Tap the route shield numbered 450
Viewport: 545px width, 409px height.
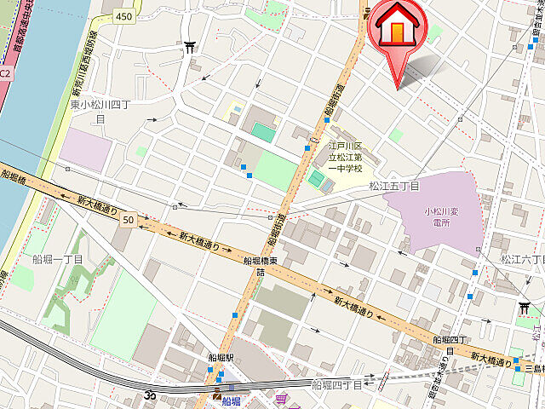pyautogui.click(x=125, y=16)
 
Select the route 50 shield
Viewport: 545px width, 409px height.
pyautogui.click(x=128, y=220)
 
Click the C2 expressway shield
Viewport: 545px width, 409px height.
pyautogui.click(x=5, y=73)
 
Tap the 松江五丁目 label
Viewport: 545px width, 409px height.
pyautogui.click(x=395, y=185)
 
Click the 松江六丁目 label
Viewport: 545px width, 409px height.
pyautogui.click(x=521, y=259)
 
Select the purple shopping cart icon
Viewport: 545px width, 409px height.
pyautogui.click(x=280, y=397)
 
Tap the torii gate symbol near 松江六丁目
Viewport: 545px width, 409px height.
pyautogui.click(x=525, y=308)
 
